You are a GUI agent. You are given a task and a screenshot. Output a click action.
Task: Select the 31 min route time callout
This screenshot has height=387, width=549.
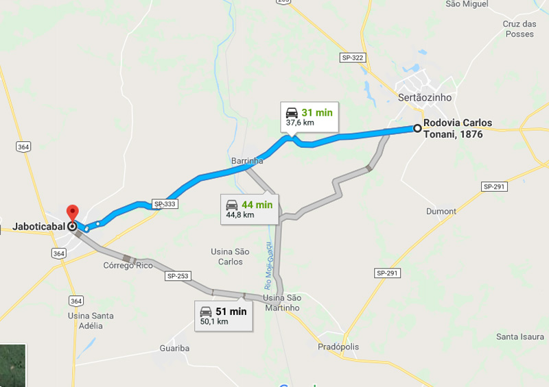click(x=308, y=116)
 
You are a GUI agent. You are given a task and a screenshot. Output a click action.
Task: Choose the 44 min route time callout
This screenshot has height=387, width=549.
click(x=249, y=209)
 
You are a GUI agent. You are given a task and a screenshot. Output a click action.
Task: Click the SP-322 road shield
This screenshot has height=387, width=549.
click(x=352, y=58)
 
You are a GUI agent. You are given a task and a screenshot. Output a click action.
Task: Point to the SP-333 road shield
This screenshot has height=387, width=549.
click(x=164, y=204)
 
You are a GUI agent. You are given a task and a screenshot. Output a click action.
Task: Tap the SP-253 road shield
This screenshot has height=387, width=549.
click(x=177, y=276)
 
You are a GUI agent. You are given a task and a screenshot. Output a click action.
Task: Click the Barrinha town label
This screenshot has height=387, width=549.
click(x=247, y=161)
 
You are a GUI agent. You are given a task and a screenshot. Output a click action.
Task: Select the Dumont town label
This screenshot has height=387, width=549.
click(x=441, y=211)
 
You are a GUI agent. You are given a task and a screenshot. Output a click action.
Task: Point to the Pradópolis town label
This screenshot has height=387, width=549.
click(x=338, y=347)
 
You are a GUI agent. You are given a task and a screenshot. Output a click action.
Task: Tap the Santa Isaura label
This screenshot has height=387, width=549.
click(x=520, y=337)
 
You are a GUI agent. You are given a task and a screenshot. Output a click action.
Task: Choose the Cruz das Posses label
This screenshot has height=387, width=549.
click(x=518, y=29)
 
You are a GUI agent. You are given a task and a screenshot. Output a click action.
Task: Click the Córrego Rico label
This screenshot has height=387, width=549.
click(x=128, y=265)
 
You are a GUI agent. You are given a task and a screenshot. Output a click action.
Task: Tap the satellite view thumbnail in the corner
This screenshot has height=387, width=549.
click(x=12, y=365)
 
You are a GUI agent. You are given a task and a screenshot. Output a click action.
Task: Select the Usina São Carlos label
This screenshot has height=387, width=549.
click(x=229, y=256)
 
